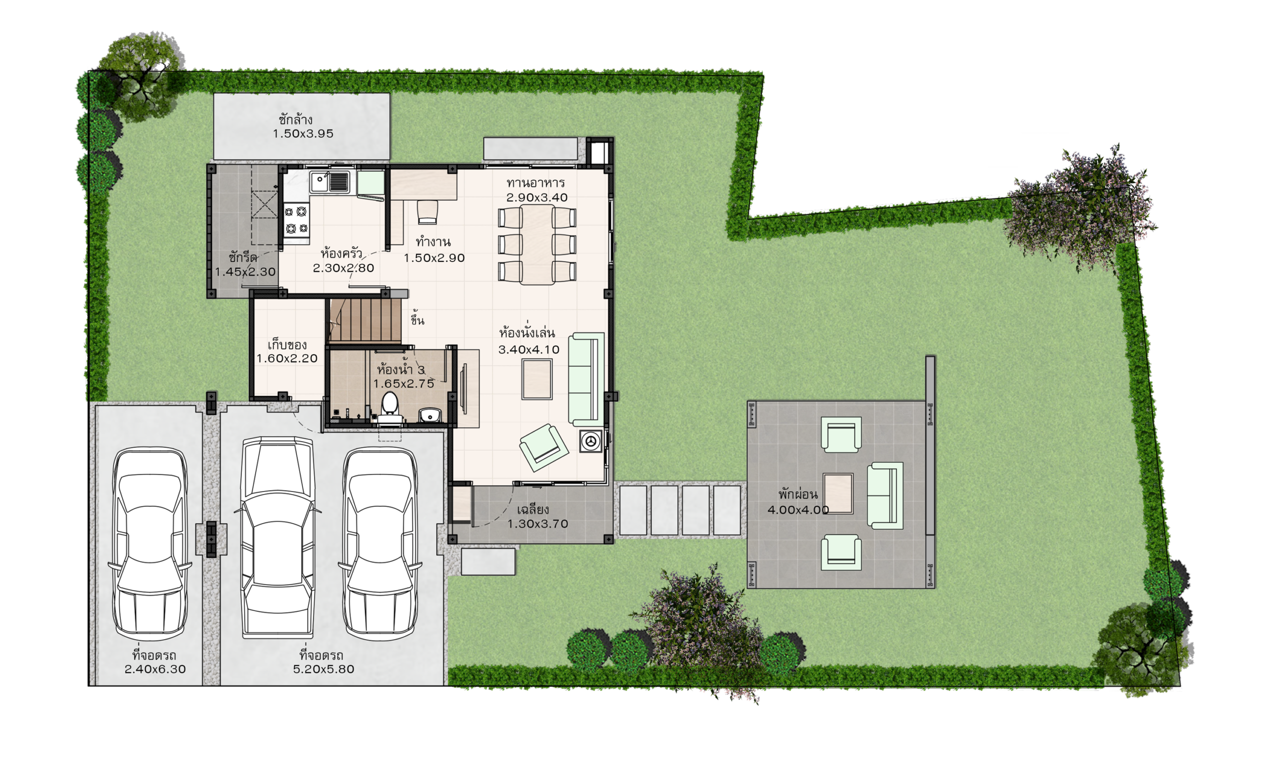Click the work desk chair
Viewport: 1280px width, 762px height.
pyautogui.click(x=427, y=212)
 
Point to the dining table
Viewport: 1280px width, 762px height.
pyautogui.click(x=537, y=244)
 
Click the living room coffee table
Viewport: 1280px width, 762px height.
pyautogui.click(x=537, y=379)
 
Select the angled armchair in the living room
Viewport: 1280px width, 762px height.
pyautogui.click(x=543, y=447)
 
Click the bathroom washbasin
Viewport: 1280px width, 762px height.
pyautogui.click(x=430, y=415)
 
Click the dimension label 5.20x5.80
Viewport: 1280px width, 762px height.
pyautogui.click(x=323, y=669)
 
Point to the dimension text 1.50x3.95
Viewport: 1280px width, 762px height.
pyautogui.click(x=303, y=133)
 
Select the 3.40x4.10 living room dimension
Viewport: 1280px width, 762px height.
pyautogui.click(x=529, y=349)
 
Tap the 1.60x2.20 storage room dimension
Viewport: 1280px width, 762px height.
pyautogui.click(x=287, y=358)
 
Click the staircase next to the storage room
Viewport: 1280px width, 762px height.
pyautogui.click(x=365, y=320)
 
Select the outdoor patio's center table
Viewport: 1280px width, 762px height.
pyautogui.click(x=838, y=493)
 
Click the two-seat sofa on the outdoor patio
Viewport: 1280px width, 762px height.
pyautogui.click(x=885, y=495)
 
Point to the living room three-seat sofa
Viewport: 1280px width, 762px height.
pyautogui.click(x=586, y=379)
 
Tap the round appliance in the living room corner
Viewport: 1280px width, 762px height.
pyautogui.click(x=591, y=441)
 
